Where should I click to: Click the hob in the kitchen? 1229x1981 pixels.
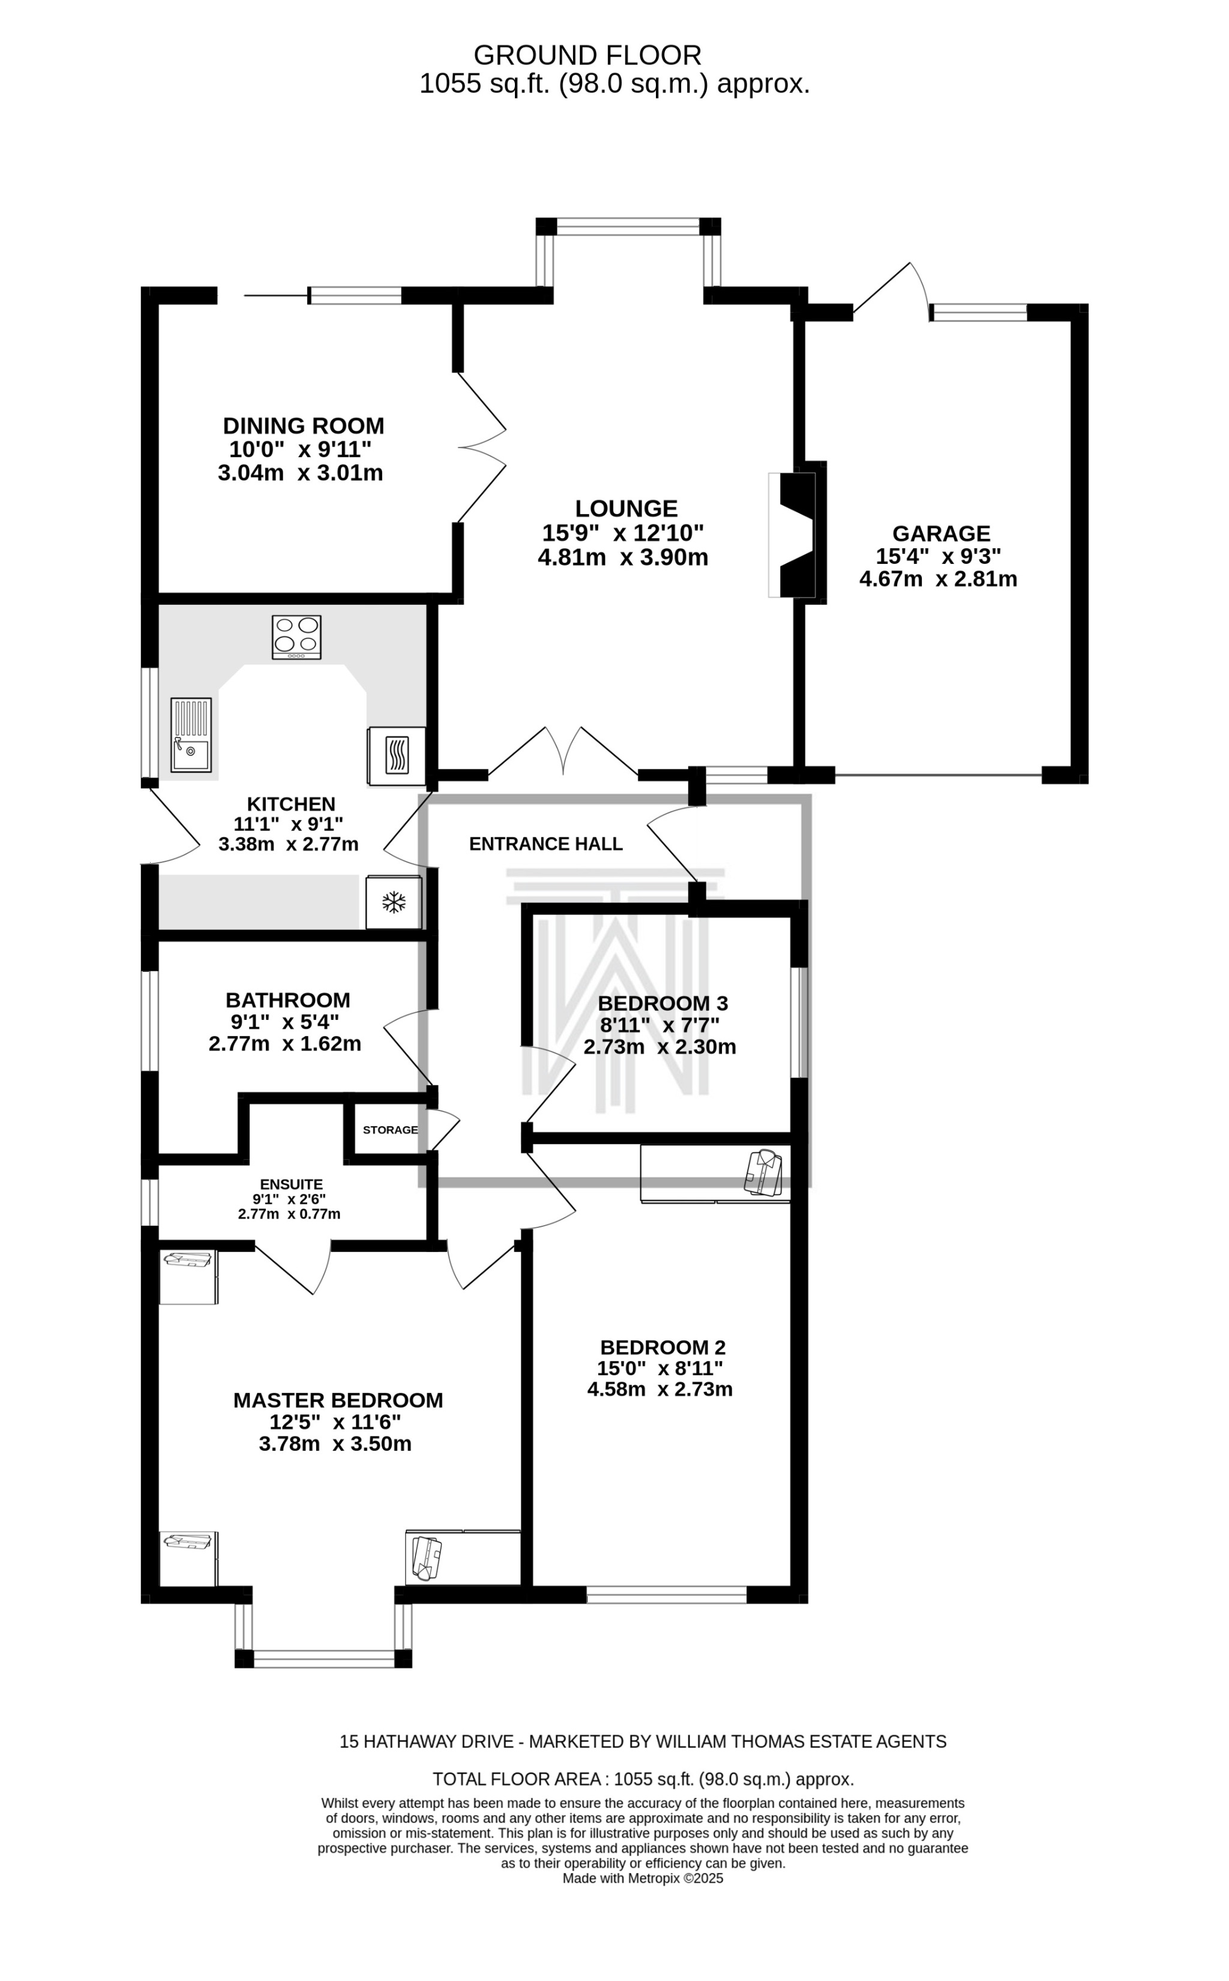[296, 637]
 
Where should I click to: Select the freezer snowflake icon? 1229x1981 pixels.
[394, 902]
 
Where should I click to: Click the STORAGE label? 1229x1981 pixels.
[390, 1130]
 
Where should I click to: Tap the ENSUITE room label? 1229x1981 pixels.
[291, 1185]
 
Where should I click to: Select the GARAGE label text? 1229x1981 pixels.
[942, 534]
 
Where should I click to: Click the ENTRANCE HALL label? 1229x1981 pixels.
[546, 844]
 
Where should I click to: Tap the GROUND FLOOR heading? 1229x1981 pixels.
[587, 55]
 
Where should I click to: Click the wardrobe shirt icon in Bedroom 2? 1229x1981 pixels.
[763, 1172]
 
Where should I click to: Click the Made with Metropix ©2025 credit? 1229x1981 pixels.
[643, 1878]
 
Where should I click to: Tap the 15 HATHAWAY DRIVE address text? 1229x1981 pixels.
[427, 1741]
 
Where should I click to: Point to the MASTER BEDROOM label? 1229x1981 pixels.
[338, 1400]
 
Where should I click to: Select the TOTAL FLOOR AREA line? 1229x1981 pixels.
[643, 1779]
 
